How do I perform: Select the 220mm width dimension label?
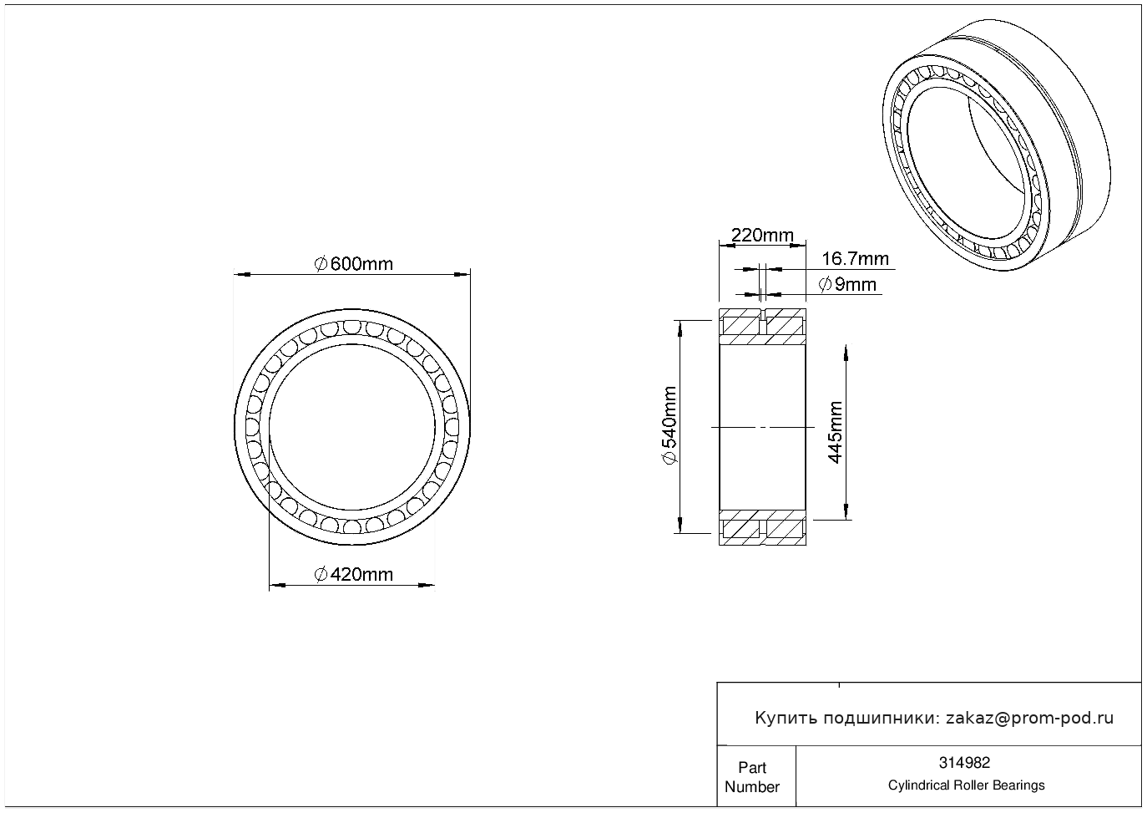point(762,235)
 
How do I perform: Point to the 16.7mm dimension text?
point(856,258)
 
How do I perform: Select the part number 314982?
point(966,762)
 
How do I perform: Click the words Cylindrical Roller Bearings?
point(966,785)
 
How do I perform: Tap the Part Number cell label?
point(752,777)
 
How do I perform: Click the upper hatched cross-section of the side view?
point(762,328)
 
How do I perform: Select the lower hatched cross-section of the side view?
point(762,528)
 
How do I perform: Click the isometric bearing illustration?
point(998,150)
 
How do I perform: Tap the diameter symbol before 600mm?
point(320,264)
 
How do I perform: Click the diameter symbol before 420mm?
point(320,574)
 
